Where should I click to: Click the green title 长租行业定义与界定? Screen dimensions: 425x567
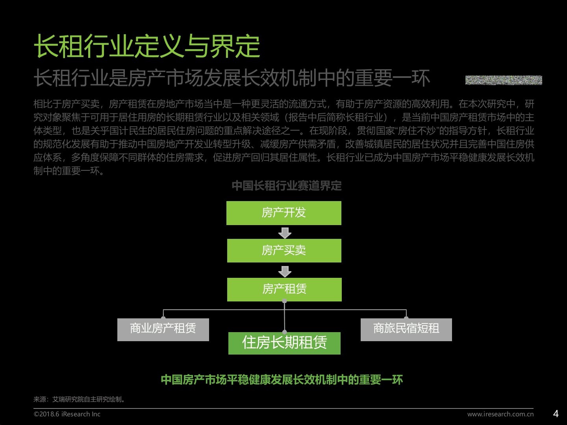(146, 46)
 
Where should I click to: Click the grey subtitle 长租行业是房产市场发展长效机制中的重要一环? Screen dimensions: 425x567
(232, 78)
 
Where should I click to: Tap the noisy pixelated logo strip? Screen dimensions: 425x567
(503, 80)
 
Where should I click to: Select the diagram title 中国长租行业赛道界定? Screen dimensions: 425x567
(286, 186)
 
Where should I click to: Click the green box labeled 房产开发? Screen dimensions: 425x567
(283, 213)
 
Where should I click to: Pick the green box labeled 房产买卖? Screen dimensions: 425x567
(284, 251)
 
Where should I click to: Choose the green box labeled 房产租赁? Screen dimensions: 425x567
(284, 289)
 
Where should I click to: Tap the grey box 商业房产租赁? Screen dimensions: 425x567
(163, 329)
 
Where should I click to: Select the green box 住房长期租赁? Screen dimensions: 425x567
(284, 343)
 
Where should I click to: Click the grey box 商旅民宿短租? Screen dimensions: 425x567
(406, 329)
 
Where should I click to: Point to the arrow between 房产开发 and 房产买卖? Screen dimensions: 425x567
(285, 233)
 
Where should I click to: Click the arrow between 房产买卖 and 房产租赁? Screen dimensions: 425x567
(285, 271)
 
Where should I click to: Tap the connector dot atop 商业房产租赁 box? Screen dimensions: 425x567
(163, 318)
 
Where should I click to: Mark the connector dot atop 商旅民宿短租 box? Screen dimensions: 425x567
(406, 318)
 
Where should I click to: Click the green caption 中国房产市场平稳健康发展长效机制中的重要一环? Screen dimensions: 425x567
(282, 380)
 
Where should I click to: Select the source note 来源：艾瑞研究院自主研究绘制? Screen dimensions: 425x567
(79, 399)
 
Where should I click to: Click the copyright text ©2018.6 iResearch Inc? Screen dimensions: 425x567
(67, 414)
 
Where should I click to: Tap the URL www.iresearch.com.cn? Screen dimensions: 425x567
(500, 414)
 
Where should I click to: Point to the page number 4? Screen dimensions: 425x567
(556, 414)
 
